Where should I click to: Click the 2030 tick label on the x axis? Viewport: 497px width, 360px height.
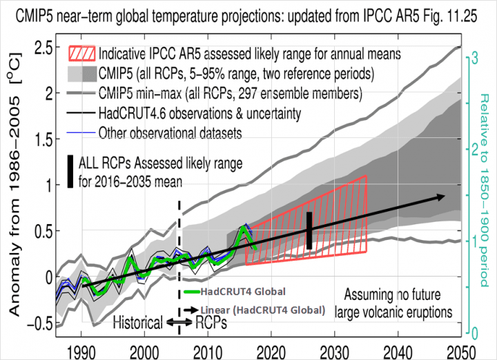[x=335, y=350]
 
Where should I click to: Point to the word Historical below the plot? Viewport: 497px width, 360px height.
[x=137, y=322]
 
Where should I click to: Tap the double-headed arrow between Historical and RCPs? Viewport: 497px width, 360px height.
[x=179, y=322]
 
